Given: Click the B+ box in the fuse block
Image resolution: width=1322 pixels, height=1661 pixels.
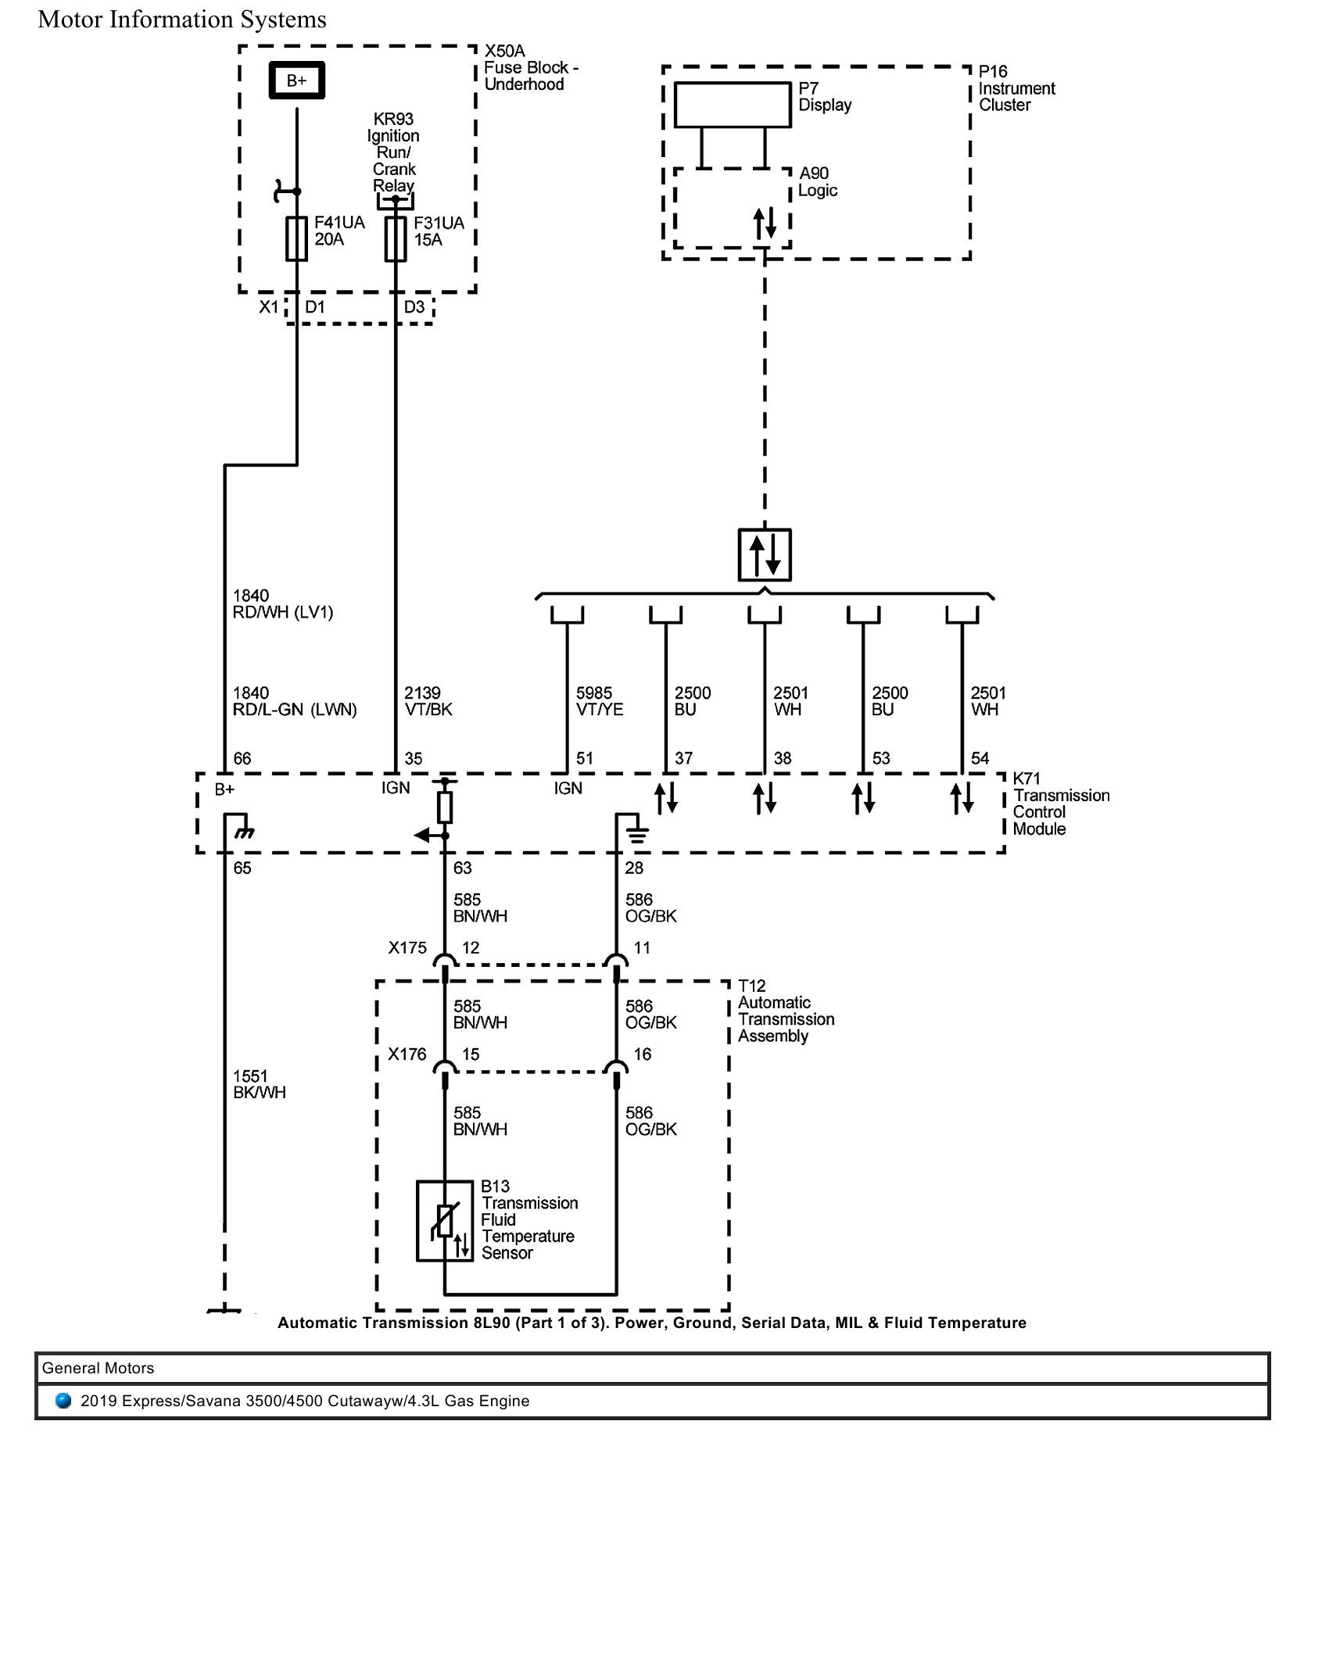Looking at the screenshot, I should (x=296, y=81).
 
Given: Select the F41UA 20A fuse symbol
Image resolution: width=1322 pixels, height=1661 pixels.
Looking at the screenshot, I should (x=296, y=238).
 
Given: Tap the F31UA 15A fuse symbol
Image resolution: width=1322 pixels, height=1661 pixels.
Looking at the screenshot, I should (x=396, y=238).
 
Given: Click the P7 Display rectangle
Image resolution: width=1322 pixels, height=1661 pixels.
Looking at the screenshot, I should (x=733, y=105).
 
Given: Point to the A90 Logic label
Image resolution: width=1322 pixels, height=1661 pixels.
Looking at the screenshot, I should (x=817, y=182).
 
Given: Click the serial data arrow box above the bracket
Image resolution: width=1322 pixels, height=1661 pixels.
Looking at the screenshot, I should (x=765, y=555).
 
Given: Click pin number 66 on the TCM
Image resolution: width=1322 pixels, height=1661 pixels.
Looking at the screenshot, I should (x=242, y=758).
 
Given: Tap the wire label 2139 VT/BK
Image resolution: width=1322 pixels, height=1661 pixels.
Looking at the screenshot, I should (x=428, y=701).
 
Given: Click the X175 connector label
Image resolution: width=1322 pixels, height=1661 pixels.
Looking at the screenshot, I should (x=407, y=948).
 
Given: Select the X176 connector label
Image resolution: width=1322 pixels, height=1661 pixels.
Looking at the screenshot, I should (x=407, y=1054).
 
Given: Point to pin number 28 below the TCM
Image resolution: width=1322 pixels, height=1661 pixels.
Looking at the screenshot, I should (x=634, y=868).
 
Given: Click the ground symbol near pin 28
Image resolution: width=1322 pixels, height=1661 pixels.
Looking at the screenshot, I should (x=637, y=835).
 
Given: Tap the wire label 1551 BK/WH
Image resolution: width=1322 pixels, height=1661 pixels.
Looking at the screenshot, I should (x=260, y=1084).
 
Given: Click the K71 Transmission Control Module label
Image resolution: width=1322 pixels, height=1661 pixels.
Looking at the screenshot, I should (x=1060, y=804).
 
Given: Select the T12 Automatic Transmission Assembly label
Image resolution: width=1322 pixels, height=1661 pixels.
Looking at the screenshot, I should (x=785, y=1011).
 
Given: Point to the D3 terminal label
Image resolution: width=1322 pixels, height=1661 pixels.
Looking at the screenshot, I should (x=414, y=307).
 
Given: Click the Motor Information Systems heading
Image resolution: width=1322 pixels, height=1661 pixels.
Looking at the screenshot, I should (x=182, y=20).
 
